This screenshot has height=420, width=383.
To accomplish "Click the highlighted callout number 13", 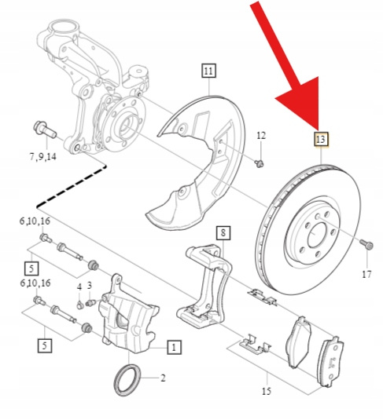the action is pos(322,139).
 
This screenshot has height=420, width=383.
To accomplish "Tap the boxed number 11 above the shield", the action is pos(209,71).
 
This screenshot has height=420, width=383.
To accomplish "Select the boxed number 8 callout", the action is pos(223,233).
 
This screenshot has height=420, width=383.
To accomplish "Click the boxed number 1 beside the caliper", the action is pos(174,347).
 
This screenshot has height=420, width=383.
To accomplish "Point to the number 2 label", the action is pos(163,378).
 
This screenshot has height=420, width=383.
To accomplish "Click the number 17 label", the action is pos(366,274).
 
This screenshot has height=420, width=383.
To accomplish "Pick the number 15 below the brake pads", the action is pos(267,391).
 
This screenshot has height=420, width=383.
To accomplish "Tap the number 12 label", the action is pos(261,136).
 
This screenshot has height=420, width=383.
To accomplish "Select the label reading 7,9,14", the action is pos(43,157).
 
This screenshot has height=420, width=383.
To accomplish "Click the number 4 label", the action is pos(79,287).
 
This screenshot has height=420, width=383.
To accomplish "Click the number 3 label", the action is pos(90,285).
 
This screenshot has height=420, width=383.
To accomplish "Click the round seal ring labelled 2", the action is pos(127,380).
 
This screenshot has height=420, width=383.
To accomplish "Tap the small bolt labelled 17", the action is pos(366,244).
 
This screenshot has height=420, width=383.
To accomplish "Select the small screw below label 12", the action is pos(259,163).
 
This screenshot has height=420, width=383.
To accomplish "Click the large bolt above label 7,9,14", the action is pos(45,130).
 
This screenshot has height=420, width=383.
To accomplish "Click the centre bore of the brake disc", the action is pos(317,235).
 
